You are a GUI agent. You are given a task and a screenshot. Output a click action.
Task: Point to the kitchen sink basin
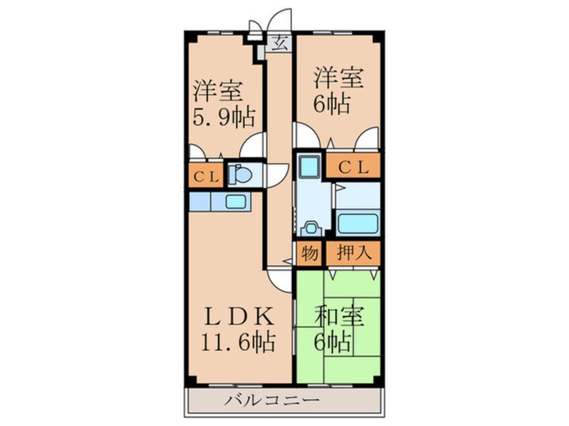(x=235, y=201)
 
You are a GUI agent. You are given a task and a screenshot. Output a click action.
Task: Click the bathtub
(x=357, y=223)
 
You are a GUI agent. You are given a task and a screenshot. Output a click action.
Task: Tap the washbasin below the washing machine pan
(x=310, y=228)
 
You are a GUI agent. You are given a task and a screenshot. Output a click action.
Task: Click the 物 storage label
(x=309, y=254)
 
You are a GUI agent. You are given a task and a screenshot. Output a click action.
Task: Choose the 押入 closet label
(x=352, y=254)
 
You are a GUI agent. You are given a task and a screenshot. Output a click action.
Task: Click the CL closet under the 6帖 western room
(x=352, y=166)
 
